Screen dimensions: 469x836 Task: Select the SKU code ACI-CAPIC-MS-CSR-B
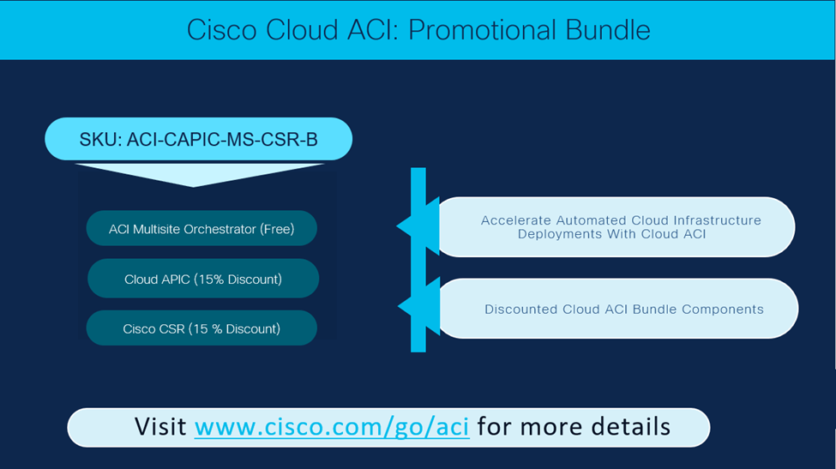(x=222, y=139)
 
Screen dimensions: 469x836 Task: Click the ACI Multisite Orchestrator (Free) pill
(x=201, y=229)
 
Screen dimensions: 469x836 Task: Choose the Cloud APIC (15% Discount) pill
(x=203, y=279)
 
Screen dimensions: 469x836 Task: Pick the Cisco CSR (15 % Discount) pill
(x=201, y=328)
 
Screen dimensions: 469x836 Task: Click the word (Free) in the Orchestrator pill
(x=277, y=229)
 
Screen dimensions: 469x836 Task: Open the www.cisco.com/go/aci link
(x=332, y=426)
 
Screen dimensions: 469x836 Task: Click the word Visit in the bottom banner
(x=161, y=426)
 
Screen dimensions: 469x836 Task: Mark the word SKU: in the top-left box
(x=100, y=139)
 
